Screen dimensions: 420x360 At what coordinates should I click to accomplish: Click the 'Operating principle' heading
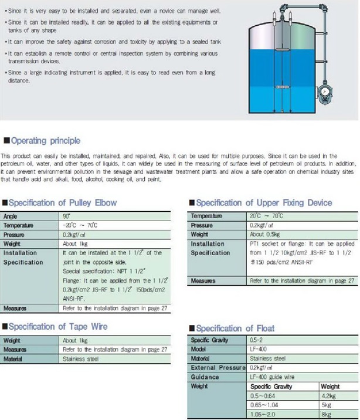tap(46, 141)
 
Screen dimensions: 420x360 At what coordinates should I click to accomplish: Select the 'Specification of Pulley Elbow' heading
tap(63, 203)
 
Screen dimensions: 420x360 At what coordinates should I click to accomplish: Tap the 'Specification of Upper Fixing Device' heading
tap(263, 203)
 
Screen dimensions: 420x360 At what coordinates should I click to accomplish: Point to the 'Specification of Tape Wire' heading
tap(59, 327)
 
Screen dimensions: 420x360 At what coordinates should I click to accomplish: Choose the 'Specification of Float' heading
tap(234, 328)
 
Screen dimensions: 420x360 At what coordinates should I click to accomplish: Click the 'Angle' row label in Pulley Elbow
tap(11, 216)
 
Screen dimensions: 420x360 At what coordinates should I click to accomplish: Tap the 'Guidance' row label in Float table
tap(205, 377)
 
